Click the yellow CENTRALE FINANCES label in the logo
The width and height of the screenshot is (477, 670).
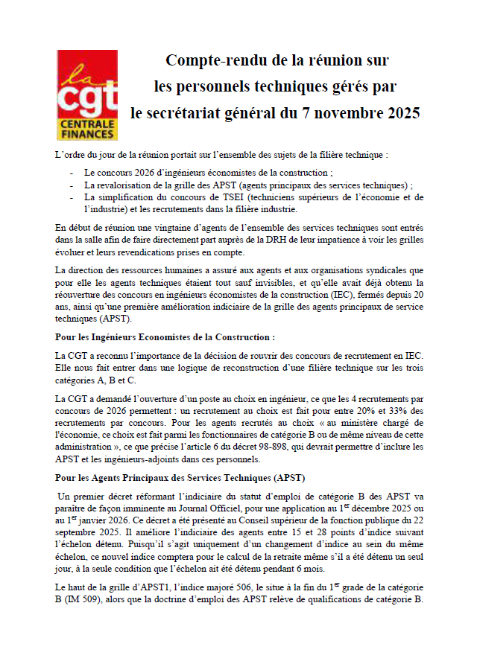coord(86,129)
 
